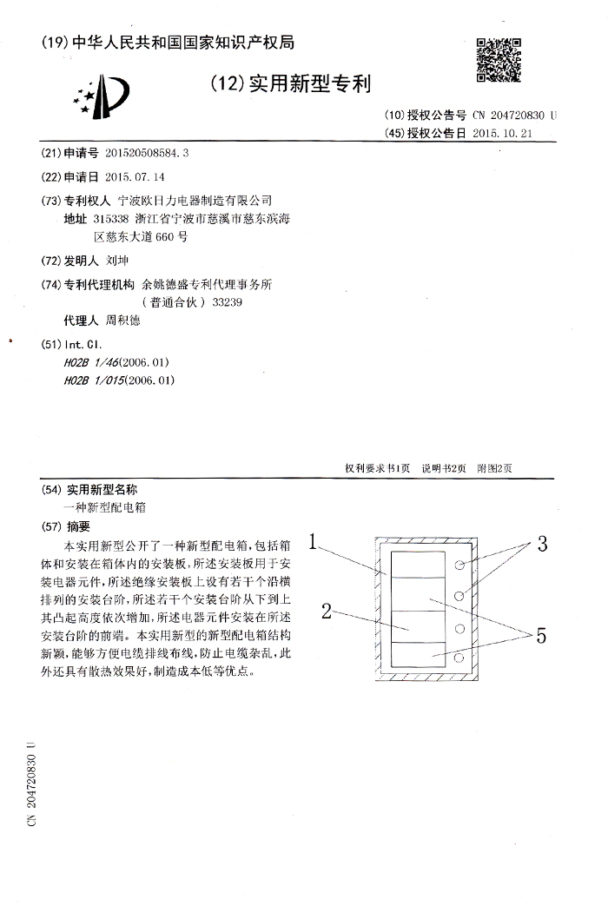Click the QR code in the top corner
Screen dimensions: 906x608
tap(499, 58)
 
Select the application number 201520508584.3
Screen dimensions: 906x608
tap(146, 153)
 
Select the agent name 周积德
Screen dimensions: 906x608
tap(122, 320)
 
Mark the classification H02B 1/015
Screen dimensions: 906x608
tap(120, 380)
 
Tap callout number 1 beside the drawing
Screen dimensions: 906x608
tap(314, 548)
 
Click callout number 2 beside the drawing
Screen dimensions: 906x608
tap(327, 611)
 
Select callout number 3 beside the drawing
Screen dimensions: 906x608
tap(540, 546)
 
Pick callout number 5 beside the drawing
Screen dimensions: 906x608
tap(540, 636)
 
